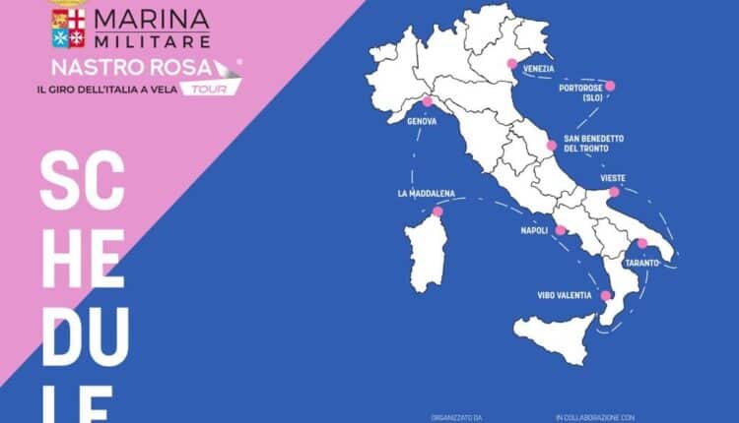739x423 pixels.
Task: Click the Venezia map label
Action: (x=539, y=69)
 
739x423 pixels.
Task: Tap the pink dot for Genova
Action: (x=427, y=101)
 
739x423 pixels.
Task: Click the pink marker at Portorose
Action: (x=610, y=86)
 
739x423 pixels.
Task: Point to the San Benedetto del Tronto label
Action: (x=593, y=143)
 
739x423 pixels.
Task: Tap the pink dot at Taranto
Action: (x=642, y=243)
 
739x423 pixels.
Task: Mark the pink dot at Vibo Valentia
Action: (x=606, y=295)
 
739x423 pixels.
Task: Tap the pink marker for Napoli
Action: (x=561, y=230)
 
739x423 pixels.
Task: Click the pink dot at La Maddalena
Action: (x=437, y=211)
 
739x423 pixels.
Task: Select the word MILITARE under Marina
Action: (x=153, y=41)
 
